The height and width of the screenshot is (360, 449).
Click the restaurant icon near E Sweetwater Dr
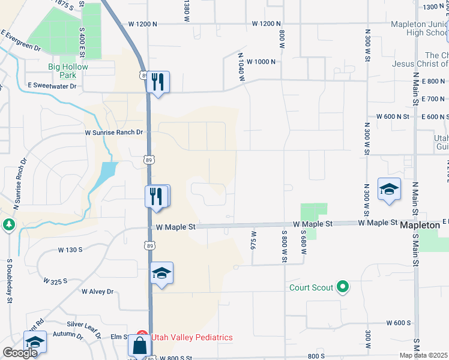[158, 81]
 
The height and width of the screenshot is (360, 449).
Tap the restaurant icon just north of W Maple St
[155, 196]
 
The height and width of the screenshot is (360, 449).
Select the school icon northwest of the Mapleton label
[389, 189]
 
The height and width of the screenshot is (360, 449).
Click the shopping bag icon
[139, 346]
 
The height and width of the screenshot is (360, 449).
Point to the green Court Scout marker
[343, 287]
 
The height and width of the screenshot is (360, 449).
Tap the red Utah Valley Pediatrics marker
[142, 337]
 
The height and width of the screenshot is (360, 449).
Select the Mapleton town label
[420, 224]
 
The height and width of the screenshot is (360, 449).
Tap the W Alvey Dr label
[97, 292]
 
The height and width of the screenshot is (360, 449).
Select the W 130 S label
[73, 249]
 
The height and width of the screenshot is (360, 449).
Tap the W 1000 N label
[260, 62]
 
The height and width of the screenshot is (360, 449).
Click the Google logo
[20, 353]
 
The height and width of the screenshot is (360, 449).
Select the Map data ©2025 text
[423, 355]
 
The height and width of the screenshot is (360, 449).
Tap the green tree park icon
[8, 224]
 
